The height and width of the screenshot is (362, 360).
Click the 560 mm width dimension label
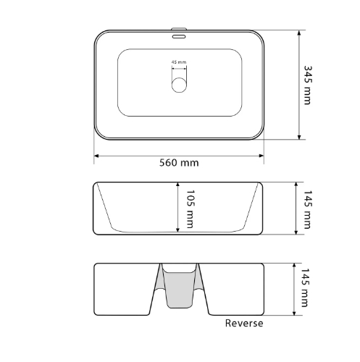pyautogui.click(x=179, y=163)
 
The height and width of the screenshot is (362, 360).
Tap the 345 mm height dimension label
pyautogui.click(x=307, y=85)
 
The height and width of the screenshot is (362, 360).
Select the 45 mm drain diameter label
pyautogui.click(x=179, y=62)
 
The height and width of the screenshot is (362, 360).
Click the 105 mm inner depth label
pyautogui.click(x=191, y=209)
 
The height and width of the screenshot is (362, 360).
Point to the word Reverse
pyautogui.click(x=244, y=323)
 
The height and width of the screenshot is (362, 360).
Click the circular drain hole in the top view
pyautogui.click(x=179, y=85)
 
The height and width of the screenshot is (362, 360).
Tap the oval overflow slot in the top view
pyautogui.click(x=179, y=37)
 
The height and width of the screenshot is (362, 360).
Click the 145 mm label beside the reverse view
pyautogui.click(x=305, y=287)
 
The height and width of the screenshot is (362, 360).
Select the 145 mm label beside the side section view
pyautogui.click(x=307, y=209)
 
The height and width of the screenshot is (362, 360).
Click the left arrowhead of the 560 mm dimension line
pyautogui.click(x=96, y=156)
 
